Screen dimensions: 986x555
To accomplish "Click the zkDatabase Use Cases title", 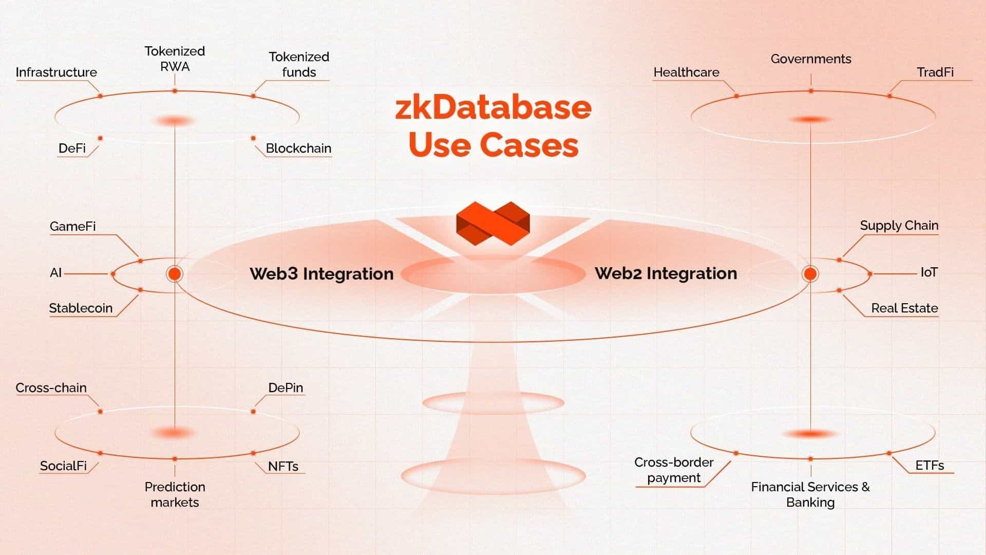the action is point(493,126).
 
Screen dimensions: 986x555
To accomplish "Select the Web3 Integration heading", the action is point(321,273).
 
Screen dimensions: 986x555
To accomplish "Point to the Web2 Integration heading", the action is point(666,273).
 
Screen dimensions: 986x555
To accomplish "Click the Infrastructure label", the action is point(56,72).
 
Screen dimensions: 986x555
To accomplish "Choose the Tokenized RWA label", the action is point(175,59).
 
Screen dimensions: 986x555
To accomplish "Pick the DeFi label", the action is point(72,148).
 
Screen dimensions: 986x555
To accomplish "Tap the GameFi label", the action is point(72,226).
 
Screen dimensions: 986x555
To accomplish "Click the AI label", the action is point(55,272).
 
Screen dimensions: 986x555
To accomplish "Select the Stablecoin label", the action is point(81,308).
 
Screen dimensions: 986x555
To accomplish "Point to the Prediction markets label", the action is point(175,494).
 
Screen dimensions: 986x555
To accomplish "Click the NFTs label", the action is point(283,466).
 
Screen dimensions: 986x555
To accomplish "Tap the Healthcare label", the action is point(686,72).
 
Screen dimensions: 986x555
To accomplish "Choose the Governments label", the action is point(811,59).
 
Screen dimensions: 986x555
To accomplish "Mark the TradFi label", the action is point(935,72).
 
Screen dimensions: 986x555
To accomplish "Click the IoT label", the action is point(929,272).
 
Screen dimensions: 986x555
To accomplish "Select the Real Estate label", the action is point(904,308).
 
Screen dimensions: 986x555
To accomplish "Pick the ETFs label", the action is point(930,465).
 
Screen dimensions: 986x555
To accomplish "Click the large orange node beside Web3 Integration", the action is point(175,274).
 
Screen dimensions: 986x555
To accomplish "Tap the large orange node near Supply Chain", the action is point(810,274).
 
